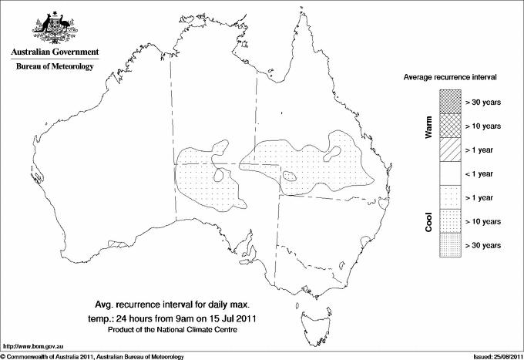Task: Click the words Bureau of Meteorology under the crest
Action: (55, 66)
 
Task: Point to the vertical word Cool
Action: (428, 221)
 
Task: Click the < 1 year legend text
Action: (482, 173)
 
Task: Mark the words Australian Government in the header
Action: (55, 52)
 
